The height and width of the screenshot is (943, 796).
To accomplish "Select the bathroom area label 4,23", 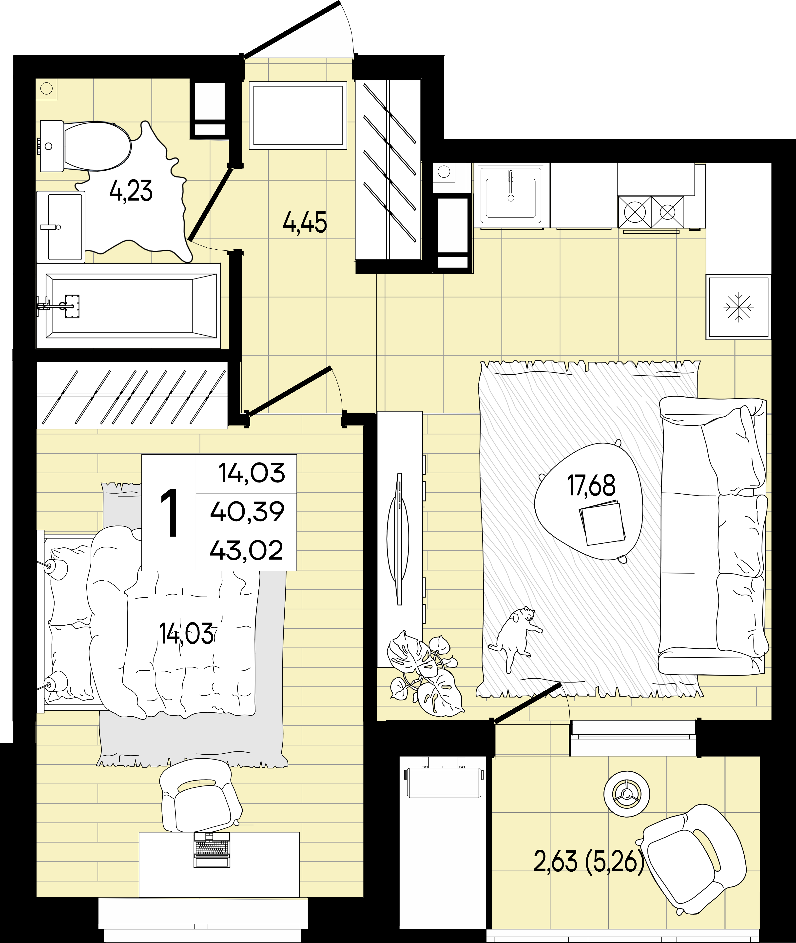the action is tap(131, 191).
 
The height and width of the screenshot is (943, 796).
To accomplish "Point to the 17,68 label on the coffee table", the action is tap(591, 486).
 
